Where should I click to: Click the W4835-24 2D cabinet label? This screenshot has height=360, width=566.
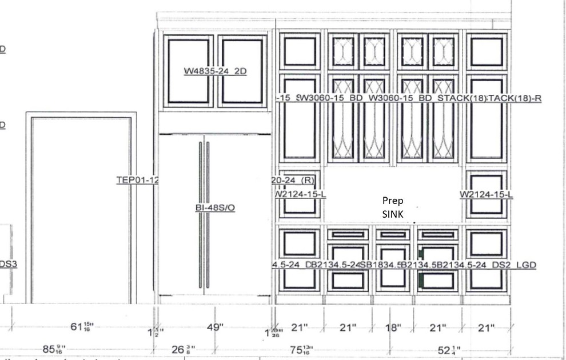(215, 71)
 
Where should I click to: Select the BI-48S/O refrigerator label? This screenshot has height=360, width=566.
(215, 208)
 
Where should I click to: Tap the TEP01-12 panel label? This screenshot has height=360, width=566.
(137, 180)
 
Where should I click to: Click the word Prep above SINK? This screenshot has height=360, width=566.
(393, 201)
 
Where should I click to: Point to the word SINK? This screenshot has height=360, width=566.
(393, 214)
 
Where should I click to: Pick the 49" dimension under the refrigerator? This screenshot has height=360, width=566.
(215, 327)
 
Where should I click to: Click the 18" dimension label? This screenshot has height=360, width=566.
(393, 327)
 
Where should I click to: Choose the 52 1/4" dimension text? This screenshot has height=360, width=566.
(449, 350)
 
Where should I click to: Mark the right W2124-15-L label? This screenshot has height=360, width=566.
(486, 194)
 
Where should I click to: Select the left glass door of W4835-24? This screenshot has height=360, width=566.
(189, 71)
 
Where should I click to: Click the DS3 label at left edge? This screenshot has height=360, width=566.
(8, 264)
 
